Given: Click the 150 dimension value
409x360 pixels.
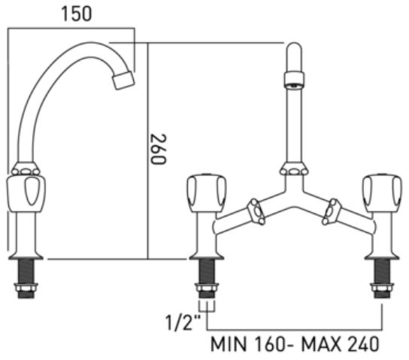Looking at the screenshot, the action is click(77, 14).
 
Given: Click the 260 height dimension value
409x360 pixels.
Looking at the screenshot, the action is click(158, 149).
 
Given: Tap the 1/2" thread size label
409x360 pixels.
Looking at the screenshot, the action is click(183, 322).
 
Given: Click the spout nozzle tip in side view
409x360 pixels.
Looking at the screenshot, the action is click(123, 80).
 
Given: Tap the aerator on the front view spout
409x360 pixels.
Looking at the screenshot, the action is click(294, 80).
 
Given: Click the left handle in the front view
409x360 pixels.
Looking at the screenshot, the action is click(206, 193).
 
